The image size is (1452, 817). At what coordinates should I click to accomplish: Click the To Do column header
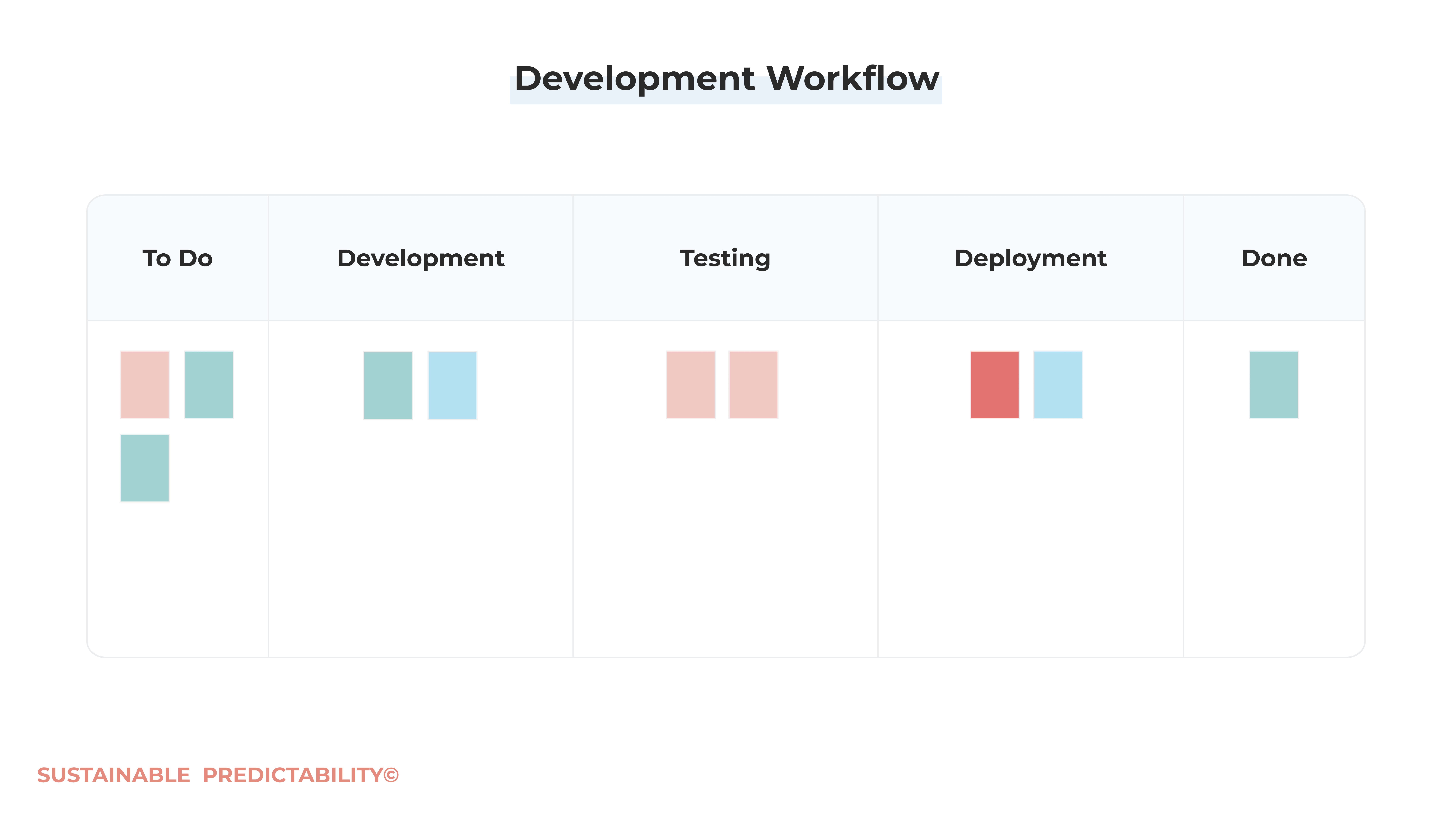click(x=178, y=258)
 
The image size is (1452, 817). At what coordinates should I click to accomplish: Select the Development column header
click(x=421, y=258)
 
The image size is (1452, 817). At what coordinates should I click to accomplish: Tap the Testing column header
click(x=725, y=258)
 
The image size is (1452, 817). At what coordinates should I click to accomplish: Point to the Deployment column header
click(x=1030, y=258)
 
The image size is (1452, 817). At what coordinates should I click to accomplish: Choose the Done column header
click(x=1274, y=258)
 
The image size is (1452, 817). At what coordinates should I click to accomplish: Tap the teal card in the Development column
click(x=388, y=386)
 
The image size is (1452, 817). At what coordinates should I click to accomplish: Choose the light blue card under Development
click(x=452, y=386)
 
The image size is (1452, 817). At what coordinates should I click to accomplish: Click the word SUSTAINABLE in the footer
click(x=114, y=775)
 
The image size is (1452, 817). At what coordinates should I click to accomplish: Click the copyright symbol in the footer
click(x=391, y=775)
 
